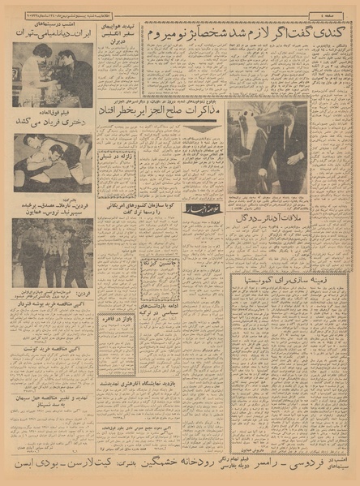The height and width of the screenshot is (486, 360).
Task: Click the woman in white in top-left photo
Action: coord(29,77)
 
